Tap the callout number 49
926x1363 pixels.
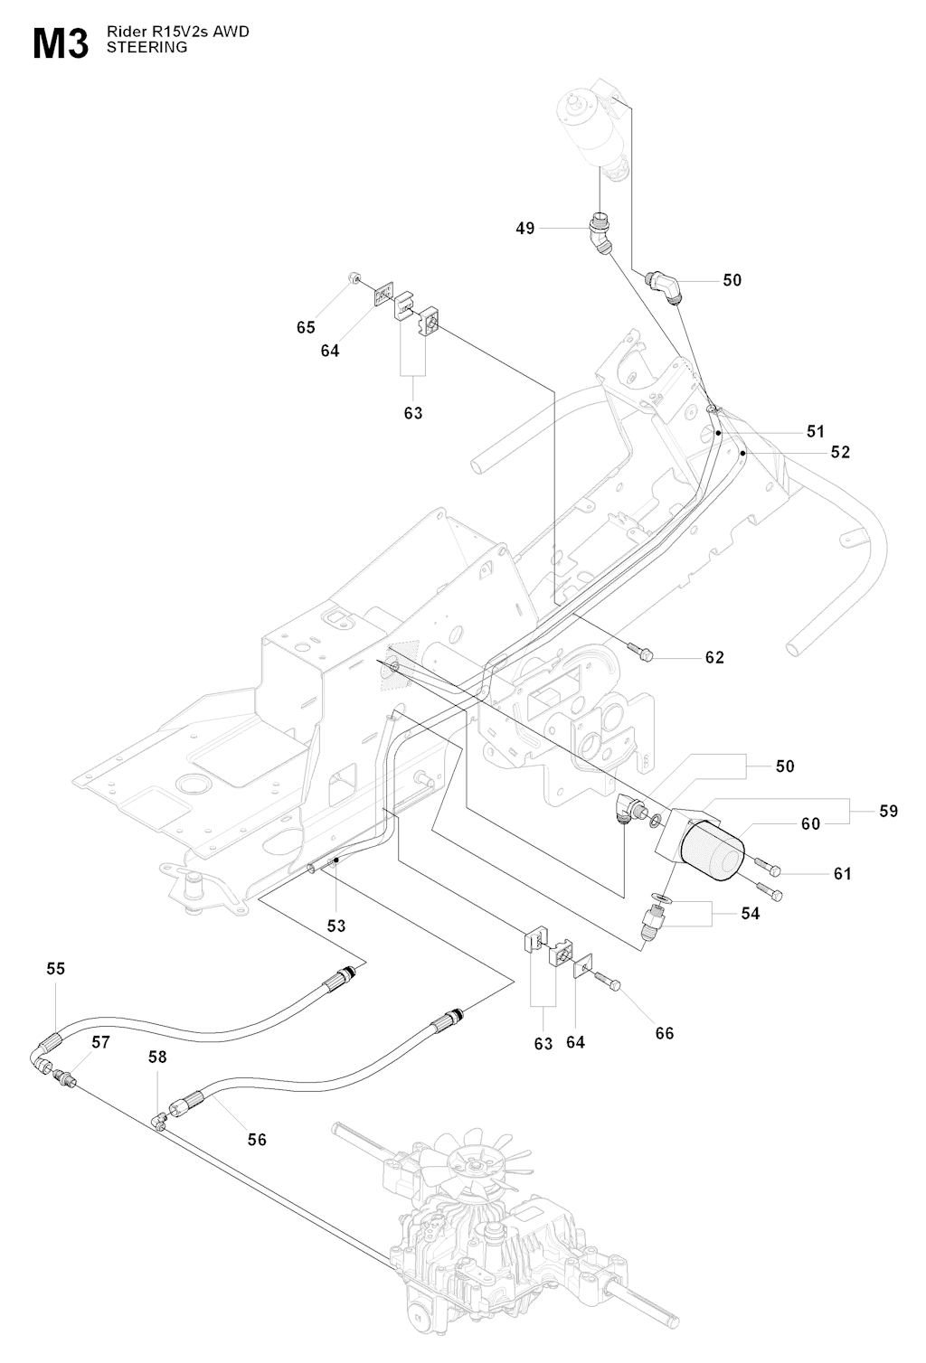click(525, 229)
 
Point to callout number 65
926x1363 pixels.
click(307, 328)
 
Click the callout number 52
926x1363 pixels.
click(841, 452)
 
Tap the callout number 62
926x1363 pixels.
click(714, 657)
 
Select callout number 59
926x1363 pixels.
click(889, 811)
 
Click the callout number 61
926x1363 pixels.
click(843, 874)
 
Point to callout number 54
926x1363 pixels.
click(750, 914)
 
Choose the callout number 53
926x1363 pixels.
click(336, 926)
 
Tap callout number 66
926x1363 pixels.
click(665, 1033)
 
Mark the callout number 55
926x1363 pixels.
click(56, 968)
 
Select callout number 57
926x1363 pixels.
click(100, 1042)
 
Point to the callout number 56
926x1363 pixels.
click(257, 1140)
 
